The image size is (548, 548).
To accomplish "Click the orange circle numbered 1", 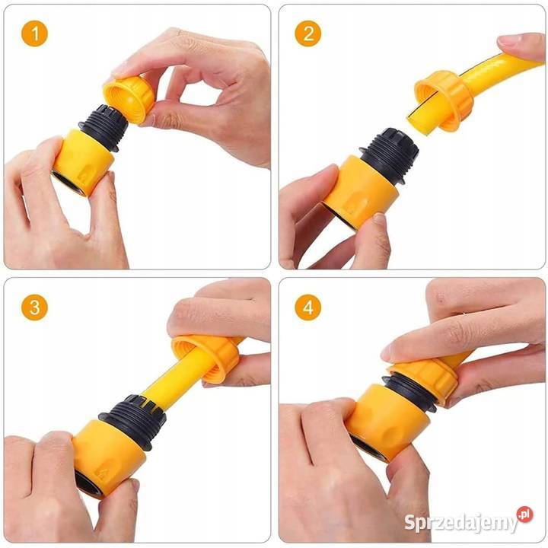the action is [x=34, y=33].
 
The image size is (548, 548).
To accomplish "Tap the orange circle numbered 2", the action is [x=308, y=33].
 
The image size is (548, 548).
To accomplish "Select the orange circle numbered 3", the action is [x=34, y=307].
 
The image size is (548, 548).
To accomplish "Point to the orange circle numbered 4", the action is [x=308, y=307].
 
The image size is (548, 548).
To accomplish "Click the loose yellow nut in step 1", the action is [x=129, y=99].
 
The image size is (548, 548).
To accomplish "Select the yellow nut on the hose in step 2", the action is [x=444, y=100].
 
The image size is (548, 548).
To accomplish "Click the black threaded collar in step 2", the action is [x=390, y=155].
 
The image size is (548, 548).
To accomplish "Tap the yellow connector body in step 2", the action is [x=360, y=193].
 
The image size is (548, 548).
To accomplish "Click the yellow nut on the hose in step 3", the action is [x=207, y=359].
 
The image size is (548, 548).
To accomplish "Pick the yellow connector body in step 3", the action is [x=107, y=458].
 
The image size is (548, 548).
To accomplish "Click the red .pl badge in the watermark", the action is [x=524, y=515].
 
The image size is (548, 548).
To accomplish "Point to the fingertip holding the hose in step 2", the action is [x=514, y=43].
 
